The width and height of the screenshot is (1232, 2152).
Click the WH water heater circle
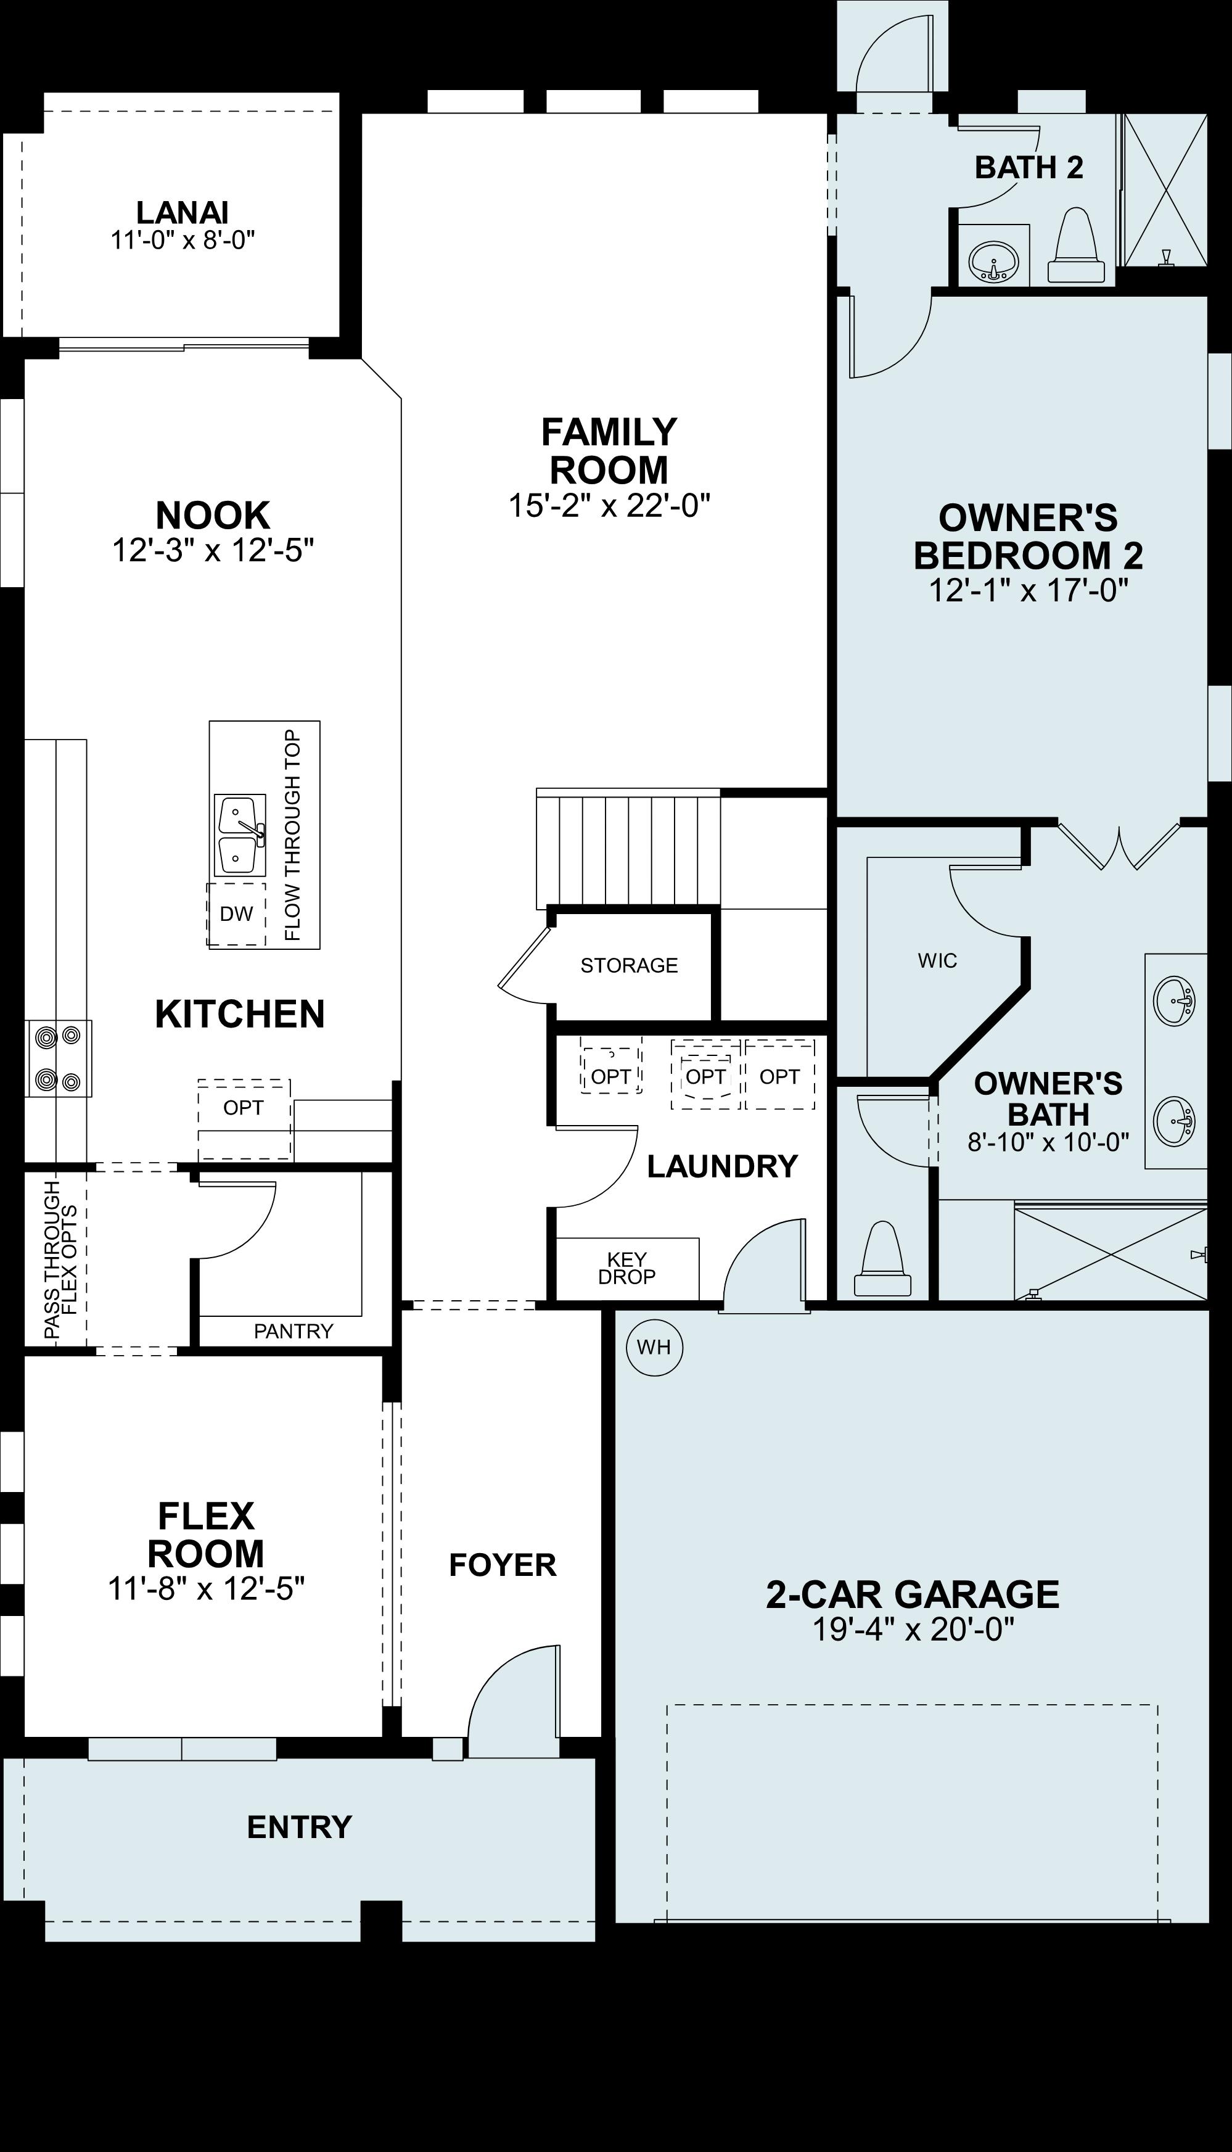(653, 1346)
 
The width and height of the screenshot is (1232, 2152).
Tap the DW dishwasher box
(236, 914)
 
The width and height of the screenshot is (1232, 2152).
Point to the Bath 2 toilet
(1075, 247)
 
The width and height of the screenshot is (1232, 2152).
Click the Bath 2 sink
(993, 259)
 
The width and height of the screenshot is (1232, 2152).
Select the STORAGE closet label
(629, 965)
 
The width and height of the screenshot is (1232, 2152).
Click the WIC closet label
(937, 960)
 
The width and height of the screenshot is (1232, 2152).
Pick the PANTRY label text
(293, 1331)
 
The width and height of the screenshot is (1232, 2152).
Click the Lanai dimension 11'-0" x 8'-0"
(183, 241)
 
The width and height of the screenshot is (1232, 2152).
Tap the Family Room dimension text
(609, 506)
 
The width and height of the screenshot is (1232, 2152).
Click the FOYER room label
(503, 1565)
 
